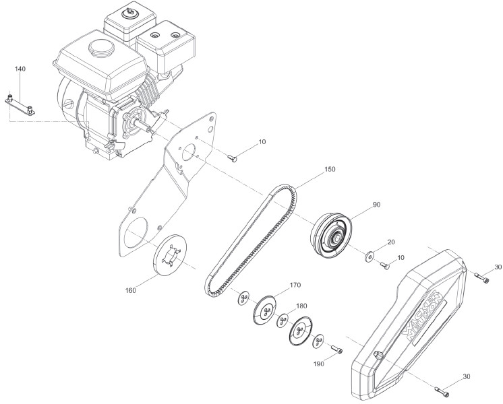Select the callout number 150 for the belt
click(310, 169)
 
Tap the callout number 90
click(376, 204)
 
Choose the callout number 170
click(295, 285)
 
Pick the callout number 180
click(301, 306)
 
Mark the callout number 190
click(318, 364)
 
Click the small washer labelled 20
click(369, 257)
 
